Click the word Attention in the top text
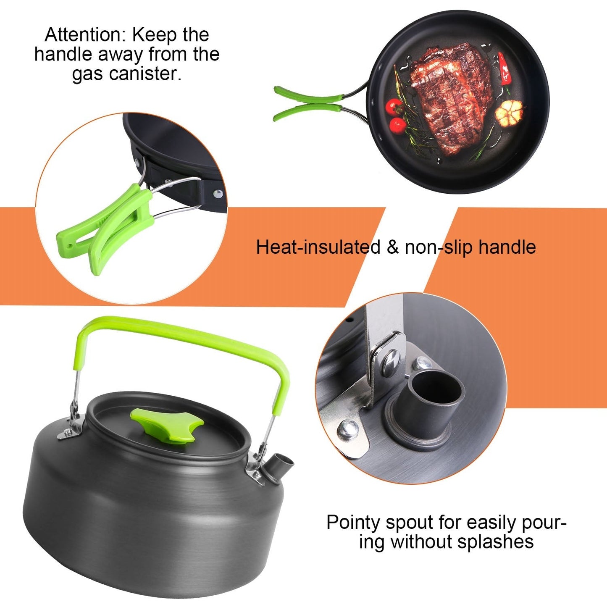coord(84,35)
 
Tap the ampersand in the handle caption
coord(393,247)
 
